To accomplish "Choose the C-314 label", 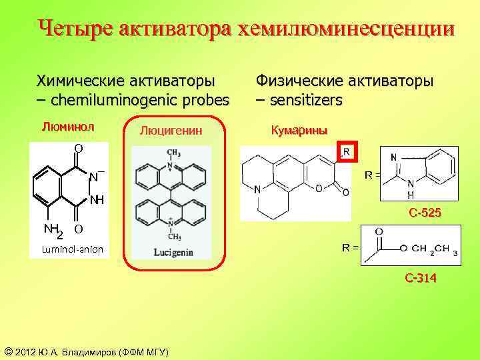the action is [421, 278].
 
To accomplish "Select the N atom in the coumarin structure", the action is [257, 190].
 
